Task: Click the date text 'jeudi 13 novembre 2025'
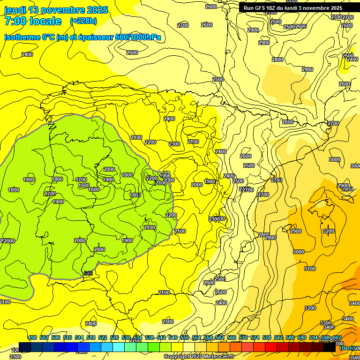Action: [x=56, y=10]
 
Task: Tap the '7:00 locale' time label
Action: [x=33, y=21]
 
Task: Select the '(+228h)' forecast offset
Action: [x=83, y=21]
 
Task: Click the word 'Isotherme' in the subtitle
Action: [x=22, y=37]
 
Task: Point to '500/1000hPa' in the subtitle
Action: [x=138, y=37]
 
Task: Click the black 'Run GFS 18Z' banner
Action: [x=293, y=7]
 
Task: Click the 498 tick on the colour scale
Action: [x=32, y=338]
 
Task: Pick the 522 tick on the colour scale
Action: [x=103, y=338]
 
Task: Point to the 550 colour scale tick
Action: [x=185, y=338]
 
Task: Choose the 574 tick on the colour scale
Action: [x=255, y=338]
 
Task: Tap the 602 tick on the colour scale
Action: [x=337, y=338]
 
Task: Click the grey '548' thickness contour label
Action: [x=88, y=273]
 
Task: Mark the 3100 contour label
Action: [x=310, y=269]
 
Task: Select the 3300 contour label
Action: [x=326, y=323]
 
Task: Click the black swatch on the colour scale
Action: [x=330, y=347]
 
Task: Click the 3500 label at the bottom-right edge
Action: [x=354, y=358]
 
